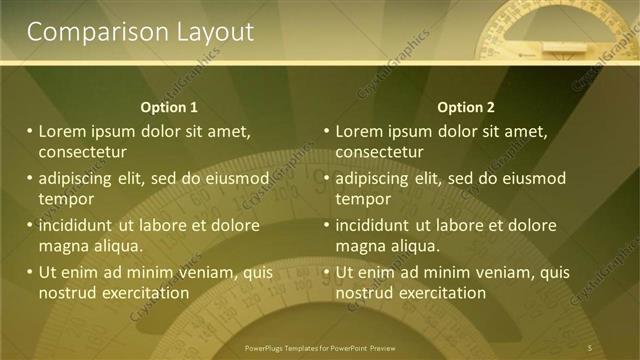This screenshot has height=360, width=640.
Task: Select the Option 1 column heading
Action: tap(169, 107)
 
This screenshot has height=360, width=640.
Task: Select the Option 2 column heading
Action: tap(466, 107)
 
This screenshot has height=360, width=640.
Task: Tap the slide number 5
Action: tap(590, 347)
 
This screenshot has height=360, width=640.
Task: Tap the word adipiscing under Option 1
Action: tap(80, 178)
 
